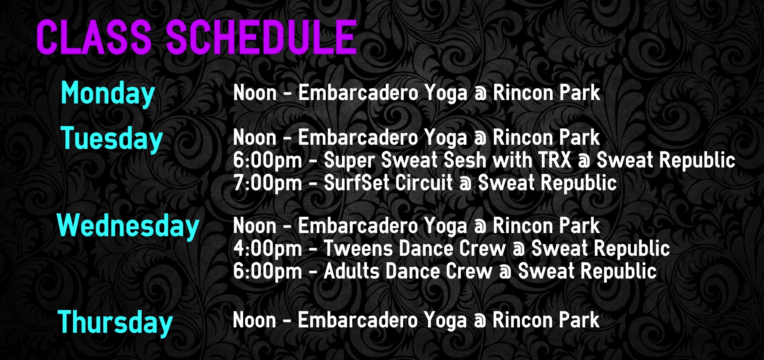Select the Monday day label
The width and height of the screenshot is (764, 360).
[x=108, y=94]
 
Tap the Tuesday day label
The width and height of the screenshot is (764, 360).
[x=112, y=139]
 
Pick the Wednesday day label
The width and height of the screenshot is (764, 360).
[x=128, y=226]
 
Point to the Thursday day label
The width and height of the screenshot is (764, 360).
[x=115, y=322]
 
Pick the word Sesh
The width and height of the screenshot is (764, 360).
[x=465, y=160]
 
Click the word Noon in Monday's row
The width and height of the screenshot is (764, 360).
[x=255, y=93]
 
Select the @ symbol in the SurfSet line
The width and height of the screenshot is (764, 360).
[x=466, y=184]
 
